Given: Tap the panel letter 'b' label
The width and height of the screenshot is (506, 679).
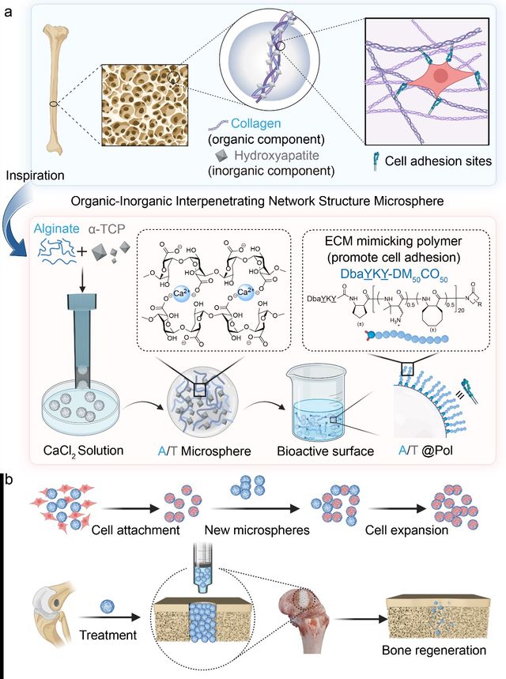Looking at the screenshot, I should tap(7, 478).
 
